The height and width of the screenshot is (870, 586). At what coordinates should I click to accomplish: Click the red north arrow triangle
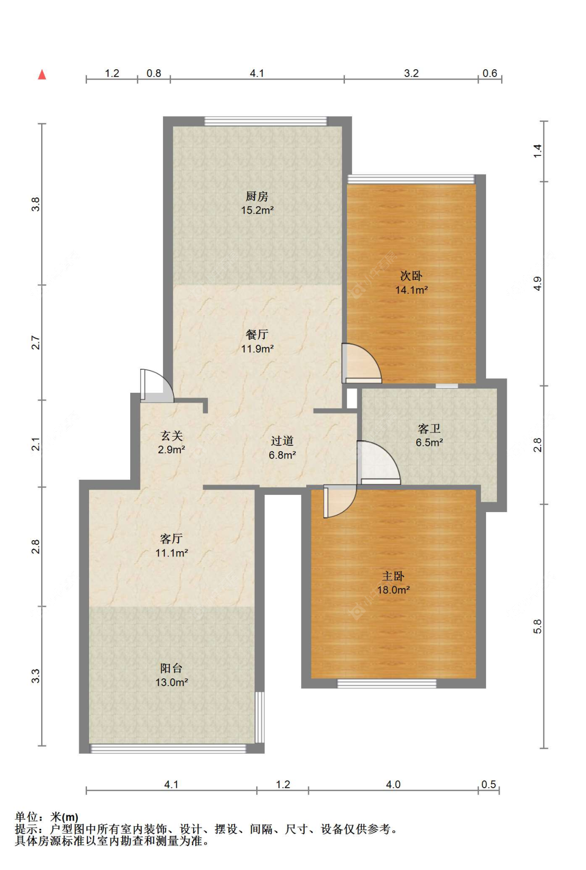pos(42,74)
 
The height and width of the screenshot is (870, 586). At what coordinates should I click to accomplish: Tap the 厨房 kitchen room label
pos(257,196)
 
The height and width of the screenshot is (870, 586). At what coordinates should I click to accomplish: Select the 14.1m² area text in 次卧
pos(412,290)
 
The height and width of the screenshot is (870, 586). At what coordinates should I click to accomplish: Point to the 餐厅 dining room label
pos(257,334)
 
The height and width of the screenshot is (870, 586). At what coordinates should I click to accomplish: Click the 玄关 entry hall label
pos(172,436)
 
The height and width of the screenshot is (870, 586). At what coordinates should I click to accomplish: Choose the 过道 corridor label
pos(282,441)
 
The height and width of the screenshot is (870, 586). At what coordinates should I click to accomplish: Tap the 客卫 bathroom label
pos(429,428)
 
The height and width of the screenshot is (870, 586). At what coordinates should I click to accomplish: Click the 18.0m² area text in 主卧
pos(393,590)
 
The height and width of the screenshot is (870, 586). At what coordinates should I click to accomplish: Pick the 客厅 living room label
pos(171,539)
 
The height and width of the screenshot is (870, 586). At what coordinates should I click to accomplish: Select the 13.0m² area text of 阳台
pos(172,682)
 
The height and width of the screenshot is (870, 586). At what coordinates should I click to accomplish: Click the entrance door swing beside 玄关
pos(157,386)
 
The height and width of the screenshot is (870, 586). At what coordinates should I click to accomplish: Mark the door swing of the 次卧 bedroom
pos(361,363)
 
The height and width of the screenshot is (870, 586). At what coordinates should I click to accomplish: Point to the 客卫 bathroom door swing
pos(379,463)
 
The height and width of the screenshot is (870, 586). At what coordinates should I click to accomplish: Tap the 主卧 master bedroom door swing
pos(340,501)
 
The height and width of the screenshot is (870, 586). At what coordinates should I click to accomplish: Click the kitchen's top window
pos(266,121)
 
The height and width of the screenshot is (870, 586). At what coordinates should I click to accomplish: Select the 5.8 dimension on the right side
pos(537,626)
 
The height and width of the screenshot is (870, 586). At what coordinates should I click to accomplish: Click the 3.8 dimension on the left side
pos(35,204)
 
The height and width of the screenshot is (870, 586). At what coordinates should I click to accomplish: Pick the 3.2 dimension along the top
pos(412,73)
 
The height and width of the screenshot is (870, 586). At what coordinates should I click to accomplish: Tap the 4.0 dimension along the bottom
pos(393,785)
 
